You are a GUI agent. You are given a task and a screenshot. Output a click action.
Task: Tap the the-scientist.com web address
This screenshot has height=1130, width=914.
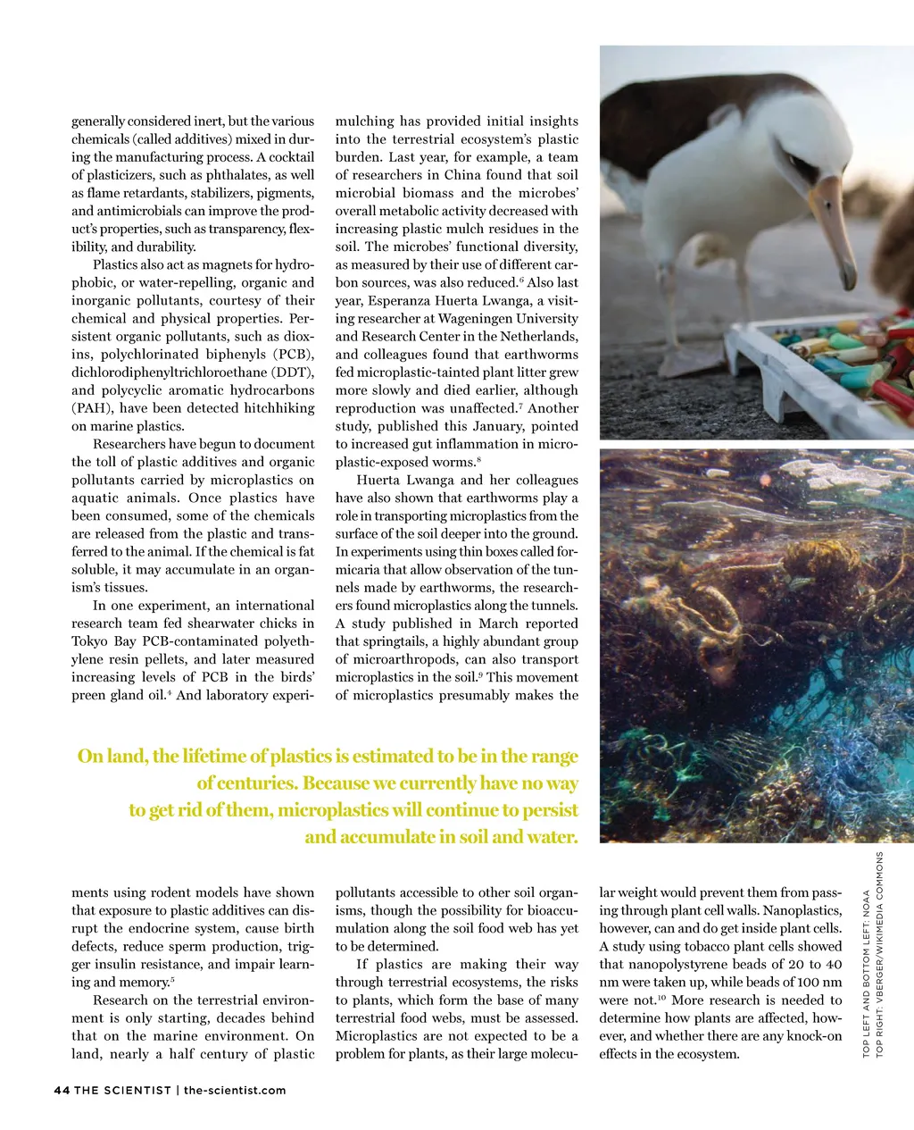(235, 1090)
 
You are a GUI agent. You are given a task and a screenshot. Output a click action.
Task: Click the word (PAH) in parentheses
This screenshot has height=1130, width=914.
(89, 408)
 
